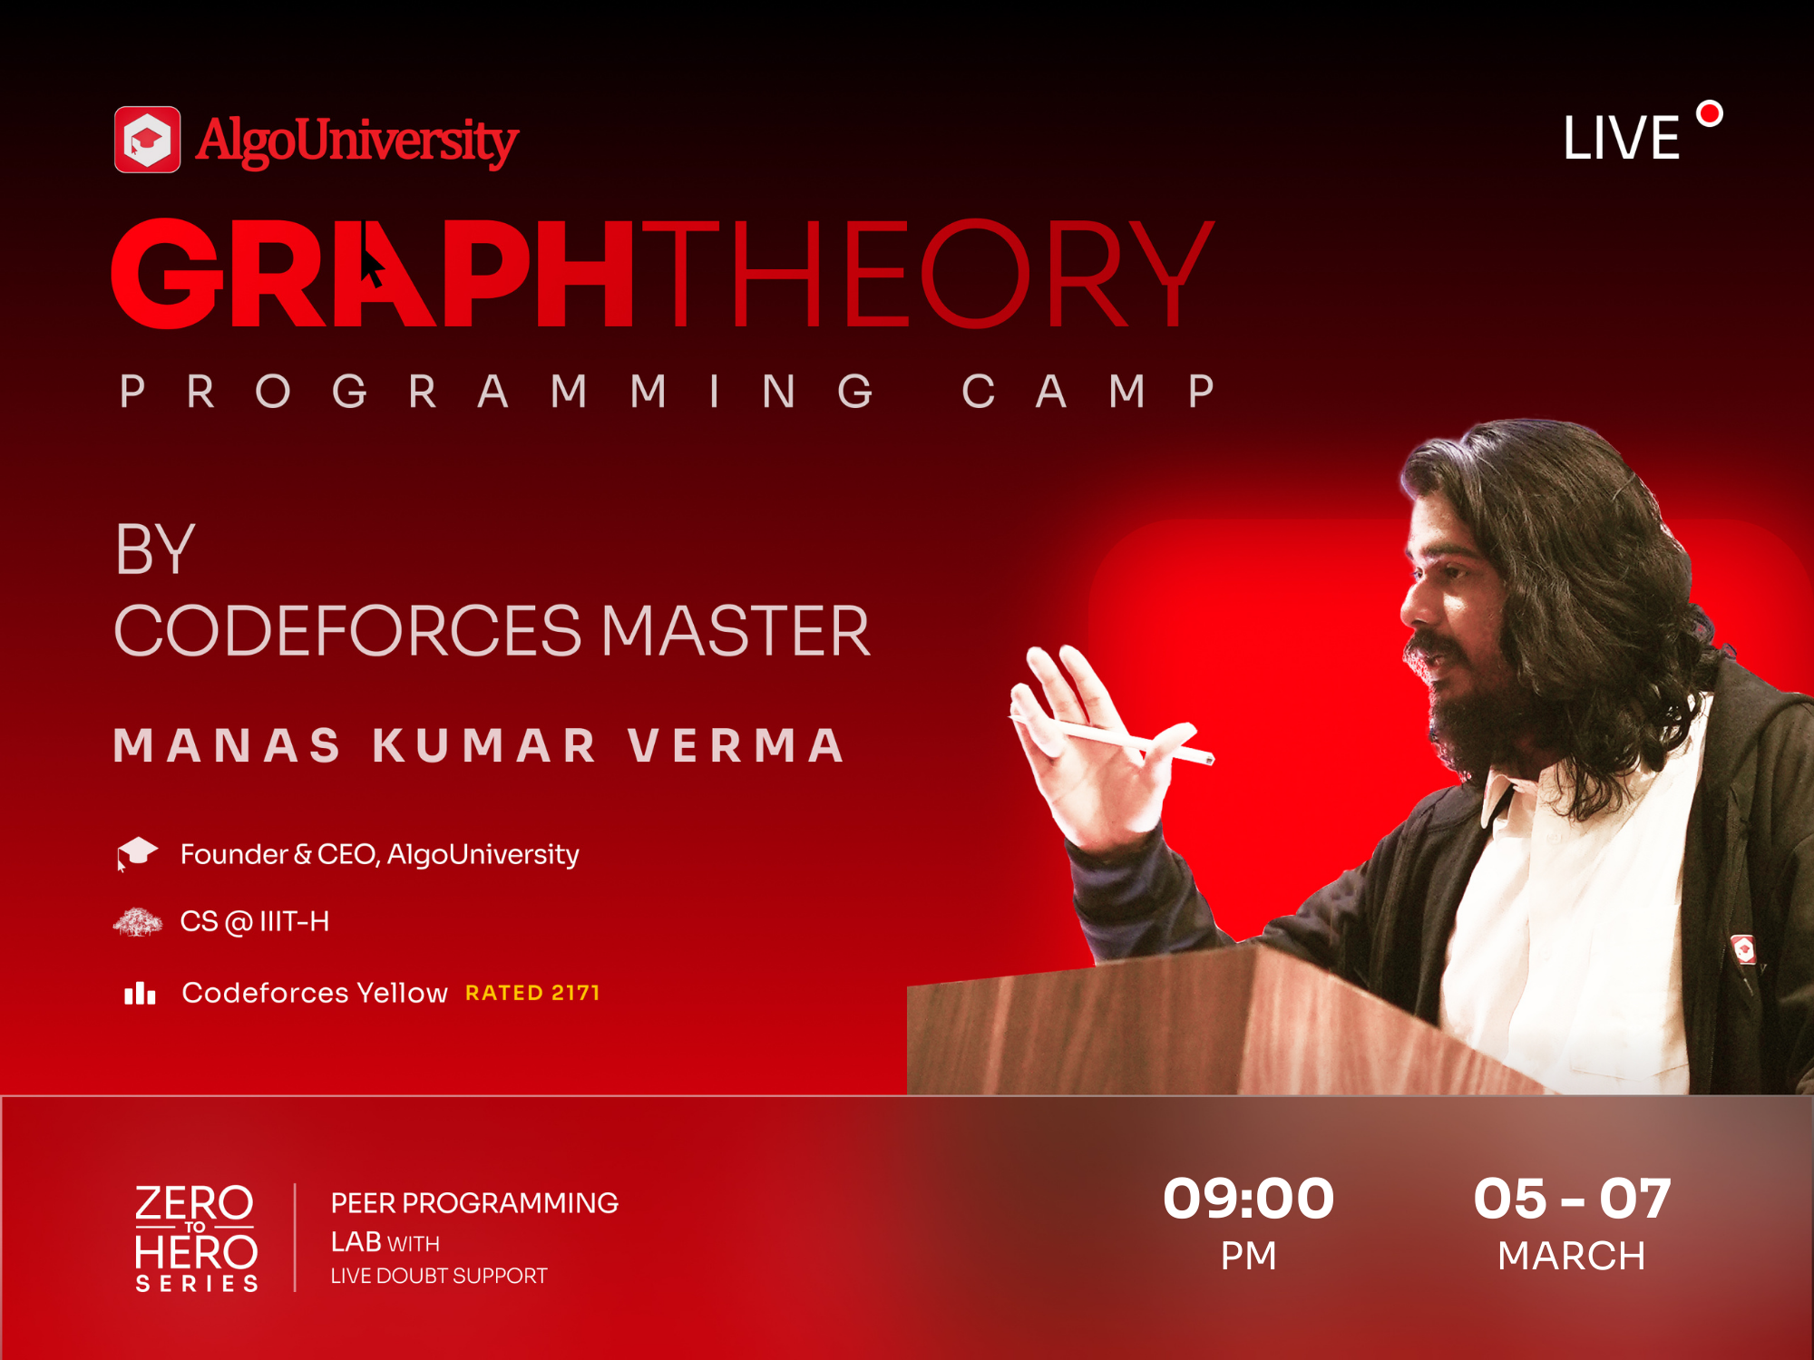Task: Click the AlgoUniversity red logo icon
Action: coord(147,140)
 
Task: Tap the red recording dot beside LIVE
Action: coord(1710,114)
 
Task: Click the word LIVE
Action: coord(1622,139)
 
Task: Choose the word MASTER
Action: coord(736,631)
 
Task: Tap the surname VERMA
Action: coord(736,745)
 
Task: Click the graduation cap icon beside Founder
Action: coord(137,853)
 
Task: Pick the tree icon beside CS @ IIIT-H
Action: coord(138,922)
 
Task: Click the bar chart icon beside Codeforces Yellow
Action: coord(140,993)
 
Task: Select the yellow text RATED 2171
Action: coord(532,993)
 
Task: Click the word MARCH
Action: coord(1572,1256)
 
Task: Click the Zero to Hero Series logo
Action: coord(197,1238)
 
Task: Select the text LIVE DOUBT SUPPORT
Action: coord(439,1276)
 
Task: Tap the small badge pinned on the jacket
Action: coord(1743,949)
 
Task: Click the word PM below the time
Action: coord(1249,1256)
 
